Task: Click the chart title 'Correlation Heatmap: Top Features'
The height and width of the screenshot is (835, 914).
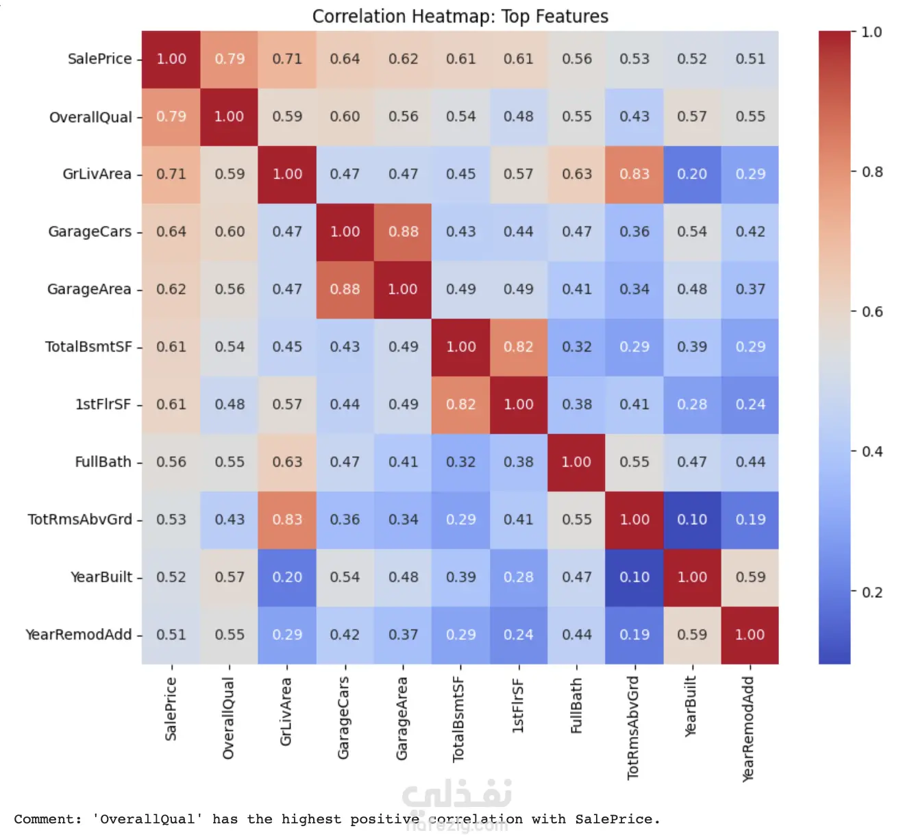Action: tap(460, 16)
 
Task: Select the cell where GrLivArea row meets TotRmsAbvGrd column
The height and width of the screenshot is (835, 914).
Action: tap(634, 174)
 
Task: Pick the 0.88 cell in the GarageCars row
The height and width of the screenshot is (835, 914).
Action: tap(403, 232)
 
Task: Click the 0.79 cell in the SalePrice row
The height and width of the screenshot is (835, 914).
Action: tap(230, 59)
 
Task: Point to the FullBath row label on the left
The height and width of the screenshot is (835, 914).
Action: tap(103, 462)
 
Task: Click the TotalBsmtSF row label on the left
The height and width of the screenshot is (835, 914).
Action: tap(88, 347)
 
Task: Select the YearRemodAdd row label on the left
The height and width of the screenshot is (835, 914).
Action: tap(78, 635)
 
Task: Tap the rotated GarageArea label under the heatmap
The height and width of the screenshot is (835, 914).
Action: tap(402, 718)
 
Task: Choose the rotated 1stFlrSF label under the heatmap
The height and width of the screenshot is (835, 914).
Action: tap(518, 706)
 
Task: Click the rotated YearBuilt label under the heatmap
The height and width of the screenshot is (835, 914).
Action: tap(691, 707)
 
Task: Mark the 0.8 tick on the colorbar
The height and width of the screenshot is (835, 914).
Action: tap(872, 172)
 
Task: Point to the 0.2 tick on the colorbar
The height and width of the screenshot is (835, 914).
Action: tap(872, 592)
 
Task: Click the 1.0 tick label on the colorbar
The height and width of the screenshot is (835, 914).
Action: tap(872, 32)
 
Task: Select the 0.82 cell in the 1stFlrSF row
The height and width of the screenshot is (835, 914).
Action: tap(460, 404)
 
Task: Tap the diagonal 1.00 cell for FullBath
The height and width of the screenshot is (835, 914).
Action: tap(576, 462)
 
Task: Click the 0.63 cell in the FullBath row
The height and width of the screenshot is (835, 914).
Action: tap(287, 462)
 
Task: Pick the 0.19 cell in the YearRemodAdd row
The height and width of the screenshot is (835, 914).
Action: tap(634, 635)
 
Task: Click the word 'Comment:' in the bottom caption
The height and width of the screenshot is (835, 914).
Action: tap(48, 819)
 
